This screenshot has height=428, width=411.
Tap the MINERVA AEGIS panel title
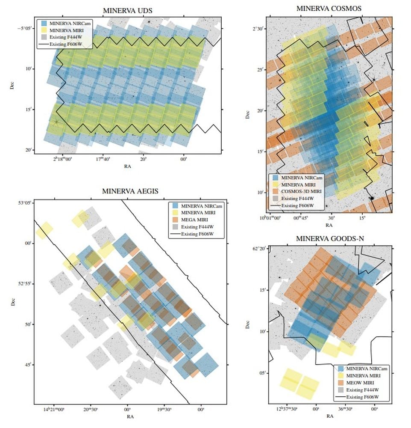[x=127, y=191]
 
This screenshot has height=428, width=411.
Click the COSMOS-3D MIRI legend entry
[x=301, y=191]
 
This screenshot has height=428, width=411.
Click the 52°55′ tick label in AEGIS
[x=23, y=283]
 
